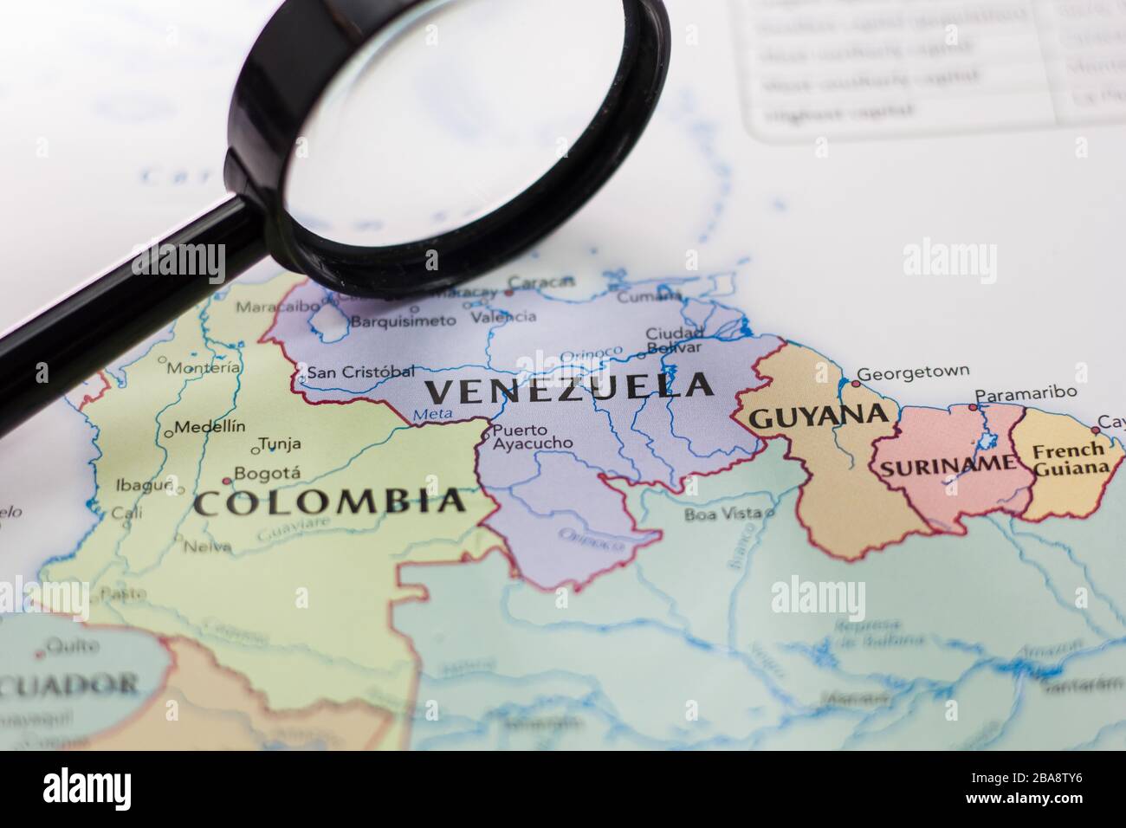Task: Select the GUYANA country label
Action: [819, 417]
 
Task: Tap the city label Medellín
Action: [210, 426]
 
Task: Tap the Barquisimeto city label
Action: [403, 321]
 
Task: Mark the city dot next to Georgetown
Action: [856, 382]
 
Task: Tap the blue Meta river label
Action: [433, 415]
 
